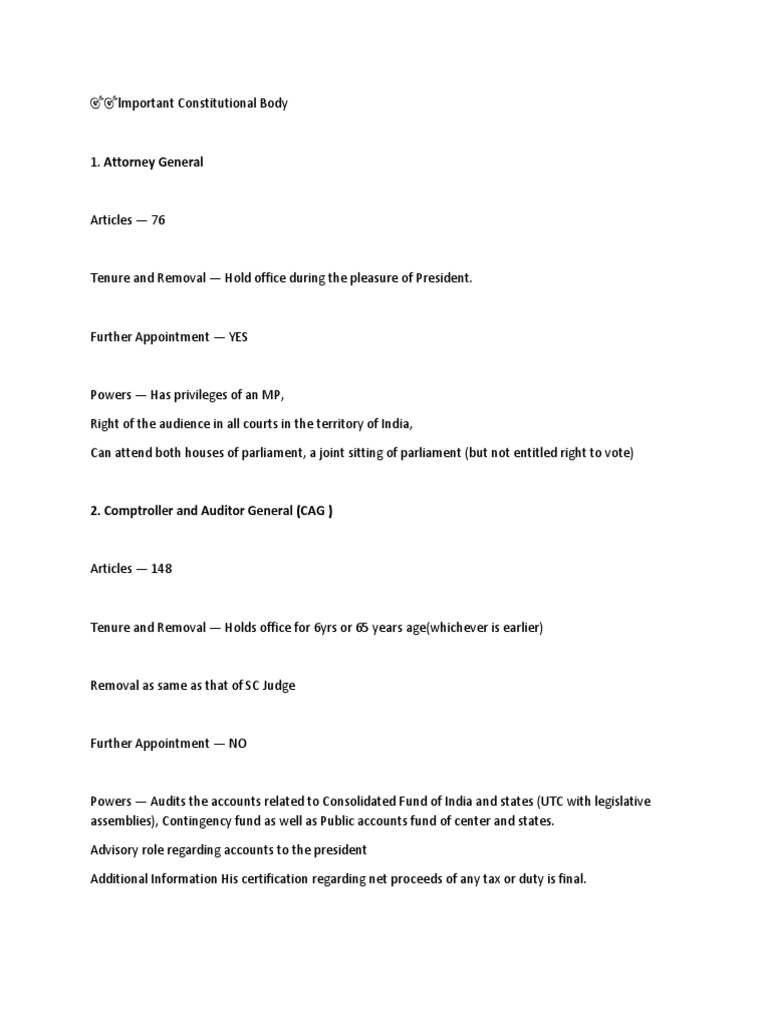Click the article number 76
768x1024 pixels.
point(158,220)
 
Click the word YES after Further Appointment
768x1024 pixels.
point(238,337)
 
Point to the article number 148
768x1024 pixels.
point(162,569)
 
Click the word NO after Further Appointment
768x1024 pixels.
point(238,744)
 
